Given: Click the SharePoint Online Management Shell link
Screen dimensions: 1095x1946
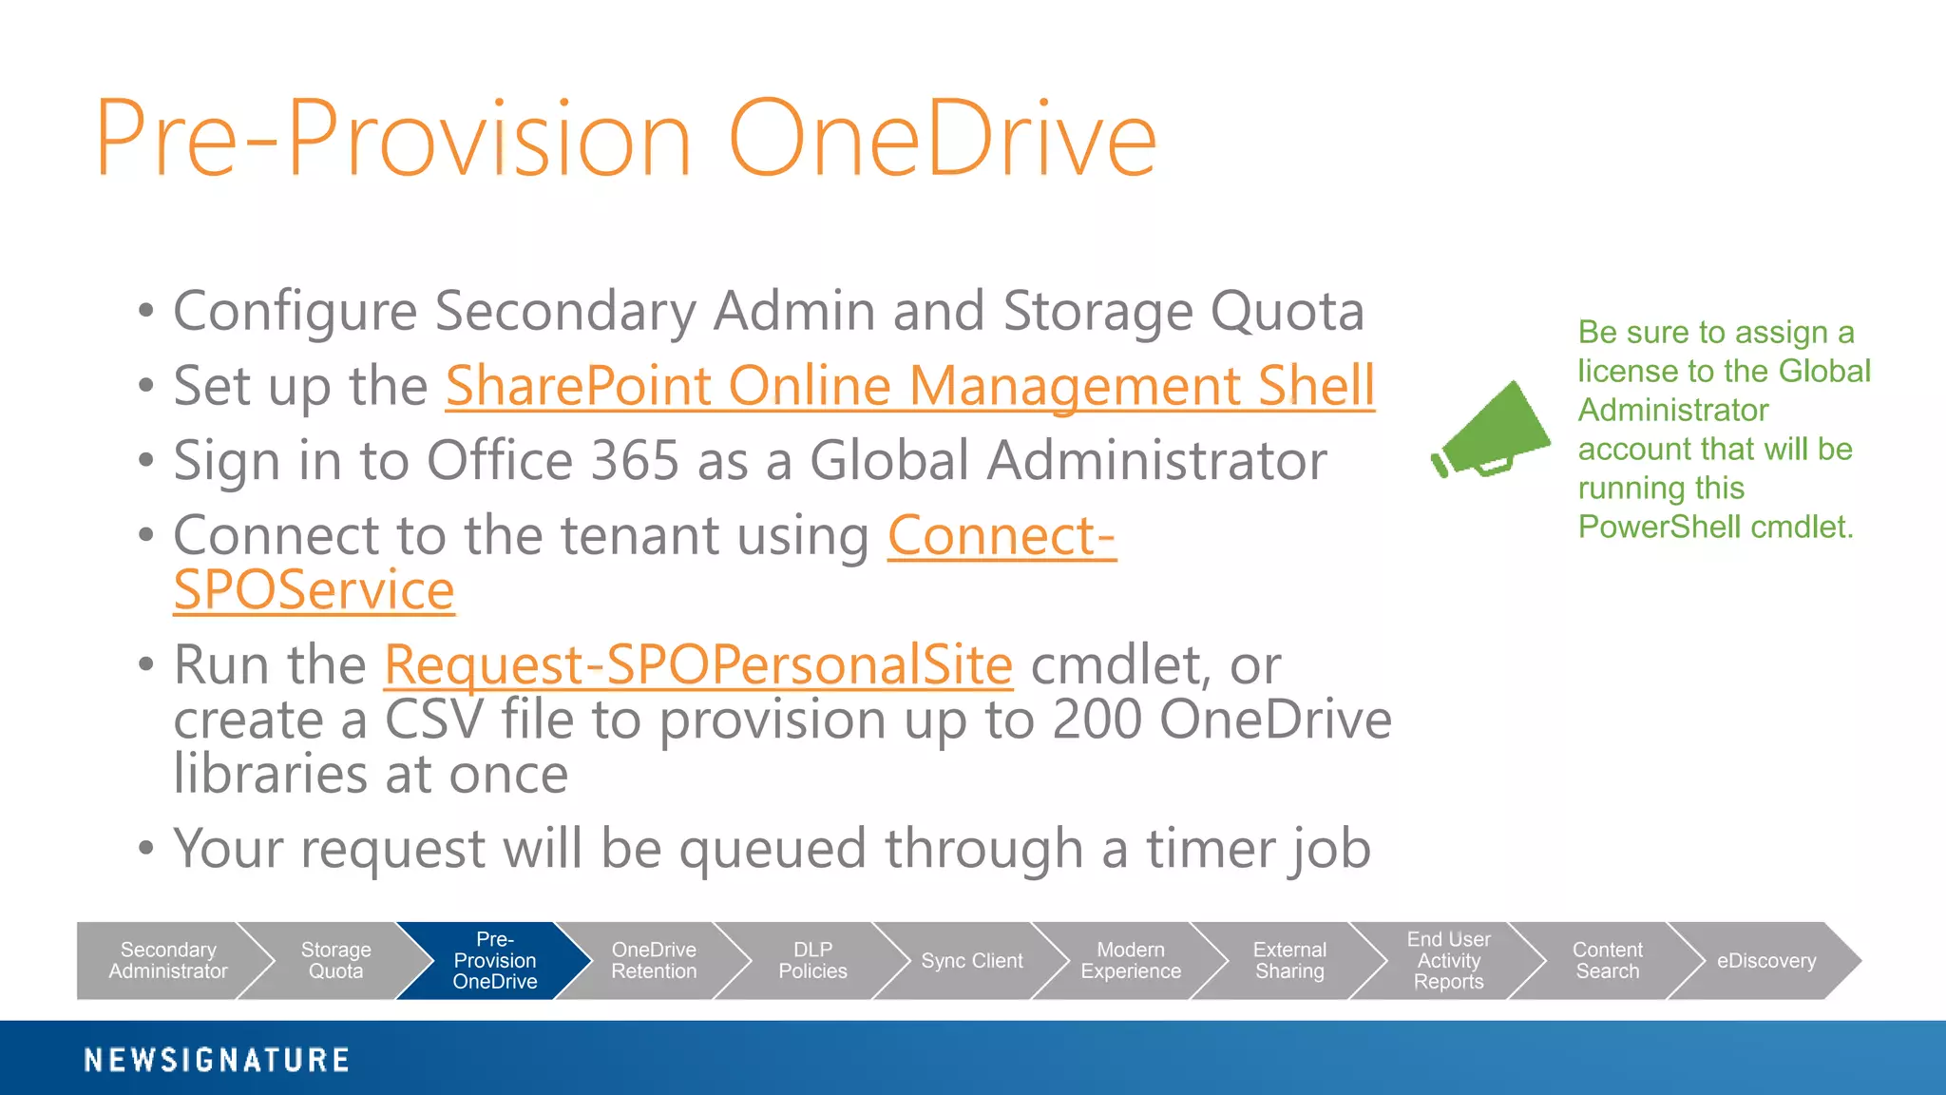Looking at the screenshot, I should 909,386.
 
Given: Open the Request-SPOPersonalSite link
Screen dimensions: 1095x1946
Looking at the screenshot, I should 698,664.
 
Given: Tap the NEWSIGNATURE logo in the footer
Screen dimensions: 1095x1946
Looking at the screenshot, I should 217,1060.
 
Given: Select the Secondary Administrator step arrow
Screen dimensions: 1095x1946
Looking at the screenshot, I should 167,961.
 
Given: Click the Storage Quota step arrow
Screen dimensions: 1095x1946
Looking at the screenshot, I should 335,961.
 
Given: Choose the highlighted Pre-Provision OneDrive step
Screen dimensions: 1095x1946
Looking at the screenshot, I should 494,961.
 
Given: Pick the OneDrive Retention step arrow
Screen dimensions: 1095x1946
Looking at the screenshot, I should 654,961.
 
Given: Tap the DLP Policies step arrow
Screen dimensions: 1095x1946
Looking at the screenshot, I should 812,961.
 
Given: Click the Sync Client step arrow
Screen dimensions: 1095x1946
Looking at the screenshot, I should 971,961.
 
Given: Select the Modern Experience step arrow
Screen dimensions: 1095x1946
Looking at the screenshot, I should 1131,961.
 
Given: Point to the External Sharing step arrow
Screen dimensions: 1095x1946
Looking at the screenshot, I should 1289,961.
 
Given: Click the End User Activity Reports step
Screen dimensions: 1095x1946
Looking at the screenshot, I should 1448,961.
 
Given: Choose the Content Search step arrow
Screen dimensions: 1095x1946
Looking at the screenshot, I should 1607,961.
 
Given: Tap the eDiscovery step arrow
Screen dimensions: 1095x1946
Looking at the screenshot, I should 1765,961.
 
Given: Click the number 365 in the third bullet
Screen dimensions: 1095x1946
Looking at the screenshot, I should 635,461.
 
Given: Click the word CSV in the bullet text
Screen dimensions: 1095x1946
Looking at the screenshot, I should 433,720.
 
